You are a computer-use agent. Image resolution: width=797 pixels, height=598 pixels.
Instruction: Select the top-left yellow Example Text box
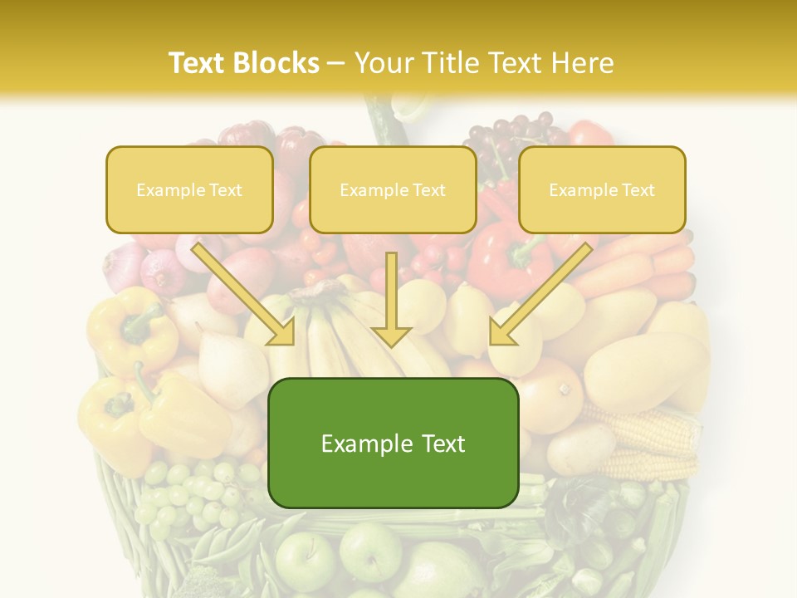[189, 190]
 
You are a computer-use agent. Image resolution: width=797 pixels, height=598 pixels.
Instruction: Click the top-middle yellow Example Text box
[393, 190]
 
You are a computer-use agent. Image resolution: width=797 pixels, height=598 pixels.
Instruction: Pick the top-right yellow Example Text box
[602, 190]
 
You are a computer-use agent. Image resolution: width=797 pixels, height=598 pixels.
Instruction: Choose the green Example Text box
[393, 444]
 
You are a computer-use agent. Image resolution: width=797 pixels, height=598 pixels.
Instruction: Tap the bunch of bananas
[332, 332]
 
